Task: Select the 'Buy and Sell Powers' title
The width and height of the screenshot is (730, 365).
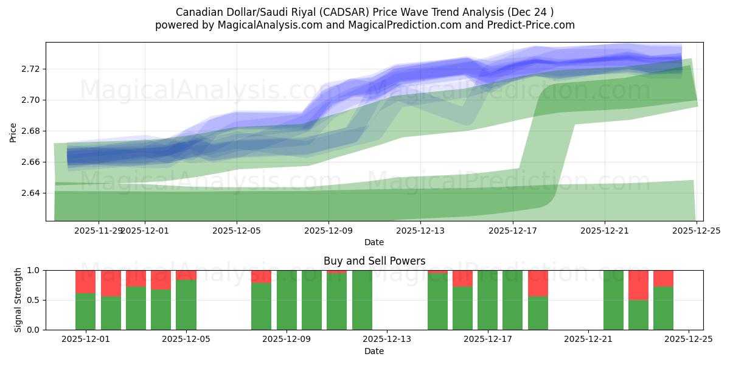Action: coord(374,261)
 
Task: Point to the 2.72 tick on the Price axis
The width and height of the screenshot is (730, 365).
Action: coord(31,69)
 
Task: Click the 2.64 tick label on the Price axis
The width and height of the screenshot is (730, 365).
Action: coord(31,193)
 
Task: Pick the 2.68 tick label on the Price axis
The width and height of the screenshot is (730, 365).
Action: coord(31,131)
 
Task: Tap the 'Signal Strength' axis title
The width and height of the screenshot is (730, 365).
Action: coord(18,300)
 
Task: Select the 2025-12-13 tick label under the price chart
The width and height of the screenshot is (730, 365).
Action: coord(420,231)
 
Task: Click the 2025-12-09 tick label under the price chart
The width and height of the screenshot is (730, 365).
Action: coord(328,231)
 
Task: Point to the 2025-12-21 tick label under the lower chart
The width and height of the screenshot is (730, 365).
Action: coord(588,339)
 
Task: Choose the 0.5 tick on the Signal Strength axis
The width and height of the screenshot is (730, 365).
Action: coord(33,300)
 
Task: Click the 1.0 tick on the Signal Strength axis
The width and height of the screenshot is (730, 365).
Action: coord(33,270)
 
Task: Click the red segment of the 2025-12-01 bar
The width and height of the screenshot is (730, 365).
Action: coord(85,282)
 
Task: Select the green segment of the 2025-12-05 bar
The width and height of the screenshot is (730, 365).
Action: coord(186,305)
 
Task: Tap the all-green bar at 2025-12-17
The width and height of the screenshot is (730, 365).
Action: coord(488,300)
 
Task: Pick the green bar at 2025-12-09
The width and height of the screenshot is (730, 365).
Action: coord(287,300)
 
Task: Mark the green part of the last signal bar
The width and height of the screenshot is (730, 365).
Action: coord(663,308)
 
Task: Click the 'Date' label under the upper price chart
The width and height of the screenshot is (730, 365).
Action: coord(374,242)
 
